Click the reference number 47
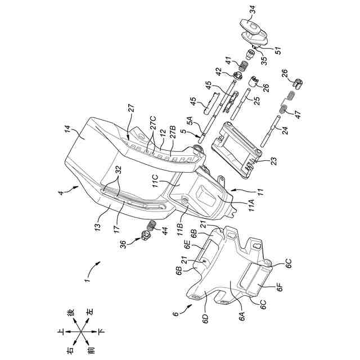point(298,111)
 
